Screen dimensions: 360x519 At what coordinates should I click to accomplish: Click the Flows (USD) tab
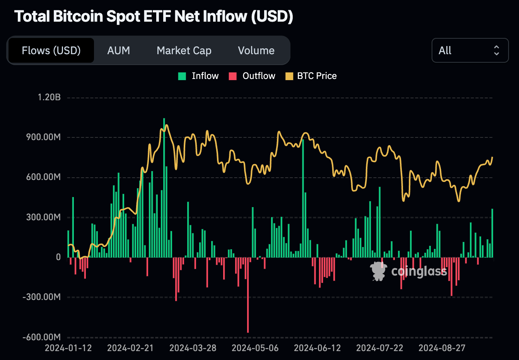51,50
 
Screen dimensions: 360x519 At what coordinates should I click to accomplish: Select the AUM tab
118,50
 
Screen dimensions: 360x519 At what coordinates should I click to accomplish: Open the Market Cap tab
184,50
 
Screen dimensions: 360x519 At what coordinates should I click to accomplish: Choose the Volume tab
256,50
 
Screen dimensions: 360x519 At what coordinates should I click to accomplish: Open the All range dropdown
469,50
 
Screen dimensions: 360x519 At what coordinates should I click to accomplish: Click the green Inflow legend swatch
182,76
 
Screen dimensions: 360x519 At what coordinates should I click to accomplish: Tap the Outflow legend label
259,76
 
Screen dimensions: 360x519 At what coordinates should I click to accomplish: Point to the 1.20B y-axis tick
49,97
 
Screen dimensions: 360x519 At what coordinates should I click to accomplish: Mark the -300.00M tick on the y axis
42,297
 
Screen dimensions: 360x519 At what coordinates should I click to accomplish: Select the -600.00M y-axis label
42,337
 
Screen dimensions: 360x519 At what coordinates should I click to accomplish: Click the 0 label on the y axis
58,257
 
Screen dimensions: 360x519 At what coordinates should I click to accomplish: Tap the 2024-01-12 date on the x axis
68,348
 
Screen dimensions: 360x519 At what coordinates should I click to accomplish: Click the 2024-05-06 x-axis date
255,348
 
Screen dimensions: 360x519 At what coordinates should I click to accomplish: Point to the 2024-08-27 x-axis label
442,348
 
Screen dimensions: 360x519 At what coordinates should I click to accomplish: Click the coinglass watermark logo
378,271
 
